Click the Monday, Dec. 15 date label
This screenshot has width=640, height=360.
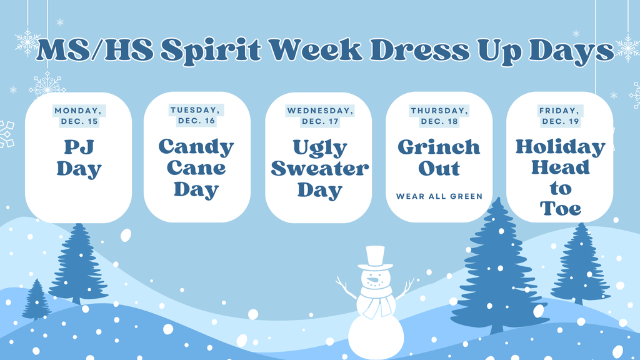(79, 116)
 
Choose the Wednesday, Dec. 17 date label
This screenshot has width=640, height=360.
(320, 116)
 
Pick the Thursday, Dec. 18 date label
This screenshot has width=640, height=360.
(439, 116)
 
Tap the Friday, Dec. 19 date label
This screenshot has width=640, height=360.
(559, 116)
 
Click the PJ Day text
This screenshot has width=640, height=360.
(79, 157)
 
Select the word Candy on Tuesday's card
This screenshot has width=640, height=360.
(196, 147)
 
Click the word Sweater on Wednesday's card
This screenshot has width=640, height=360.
(320, 168)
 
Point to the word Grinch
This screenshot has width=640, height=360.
(439, 147)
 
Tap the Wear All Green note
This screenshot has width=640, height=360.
(439, 196)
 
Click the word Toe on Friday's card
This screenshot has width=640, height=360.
(561, 208)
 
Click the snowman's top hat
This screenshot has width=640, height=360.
(375, 257)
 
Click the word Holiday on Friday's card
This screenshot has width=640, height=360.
(560, 147)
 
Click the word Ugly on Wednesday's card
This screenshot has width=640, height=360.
(320, 147)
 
